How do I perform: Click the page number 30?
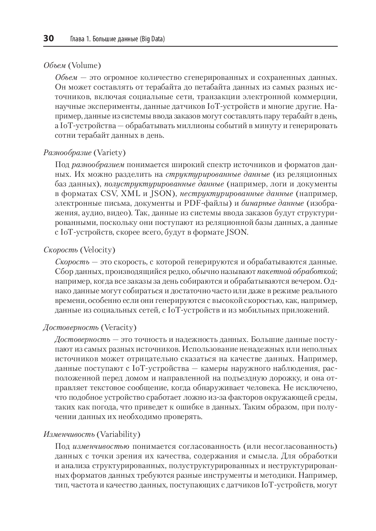[49, 39]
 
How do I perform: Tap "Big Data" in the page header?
[151, 39]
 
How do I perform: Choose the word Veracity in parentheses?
[119, 327]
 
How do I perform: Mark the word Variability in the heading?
[118, 434]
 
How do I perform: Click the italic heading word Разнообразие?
[68, 153]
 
